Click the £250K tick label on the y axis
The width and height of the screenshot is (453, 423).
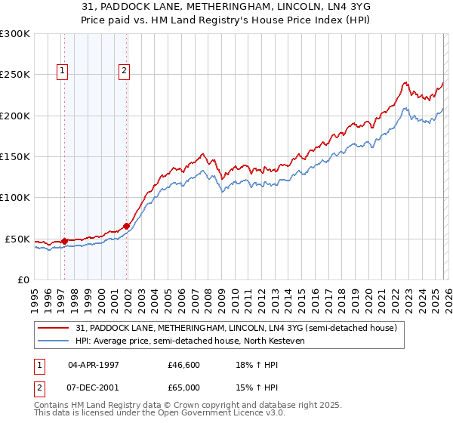(x=15, y=75)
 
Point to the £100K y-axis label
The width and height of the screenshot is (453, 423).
(x=15, y=198)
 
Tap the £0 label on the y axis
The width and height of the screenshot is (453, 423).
(x=23, y=279)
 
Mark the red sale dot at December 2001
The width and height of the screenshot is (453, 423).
(x=127, y=225)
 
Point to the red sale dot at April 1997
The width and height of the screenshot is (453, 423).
(x=64, y=242)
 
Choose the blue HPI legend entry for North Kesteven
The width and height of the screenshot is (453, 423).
(x=200, y=341)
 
